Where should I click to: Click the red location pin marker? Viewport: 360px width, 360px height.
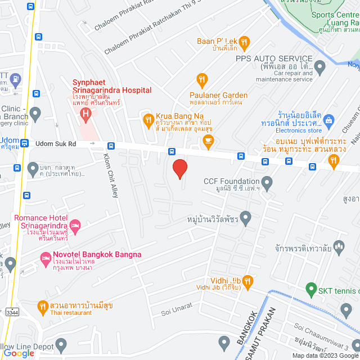pyautogui.click(x=179, y=169)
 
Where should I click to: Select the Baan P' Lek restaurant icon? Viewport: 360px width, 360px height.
pyautogui.click(x=244, y=42)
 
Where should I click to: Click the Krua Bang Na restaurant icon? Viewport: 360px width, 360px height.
pyautogui.click(x=148, y=119)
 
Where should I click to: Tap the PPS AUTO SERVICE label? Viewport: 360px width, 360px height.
pyautogui.click(x=274, y=58)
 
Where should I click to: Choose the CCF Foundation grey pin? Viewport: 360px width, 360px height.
pyautogui.click(x=267, y=182)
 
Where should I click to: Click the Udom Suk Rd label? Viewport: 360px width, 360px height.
pyautogui.click(x=56, y=144)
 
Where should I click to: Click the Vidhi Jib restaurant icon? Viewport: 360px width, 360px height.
pyautogui.click(x=247, y=280)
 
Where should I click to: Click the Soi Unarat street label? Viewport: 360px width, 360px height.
pyautogui.click(x=177, y=306)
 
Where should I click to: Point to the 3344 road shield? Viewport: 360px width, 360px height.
pyautogui.click(x=11, y=311)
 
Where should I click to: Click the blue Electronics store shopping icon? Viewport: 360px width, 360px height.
pyautogui.click(x=329, y=119)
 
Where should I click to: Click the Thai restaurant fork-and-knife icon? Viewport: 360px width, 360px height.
pyautogui.click(x=42, y=307)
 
